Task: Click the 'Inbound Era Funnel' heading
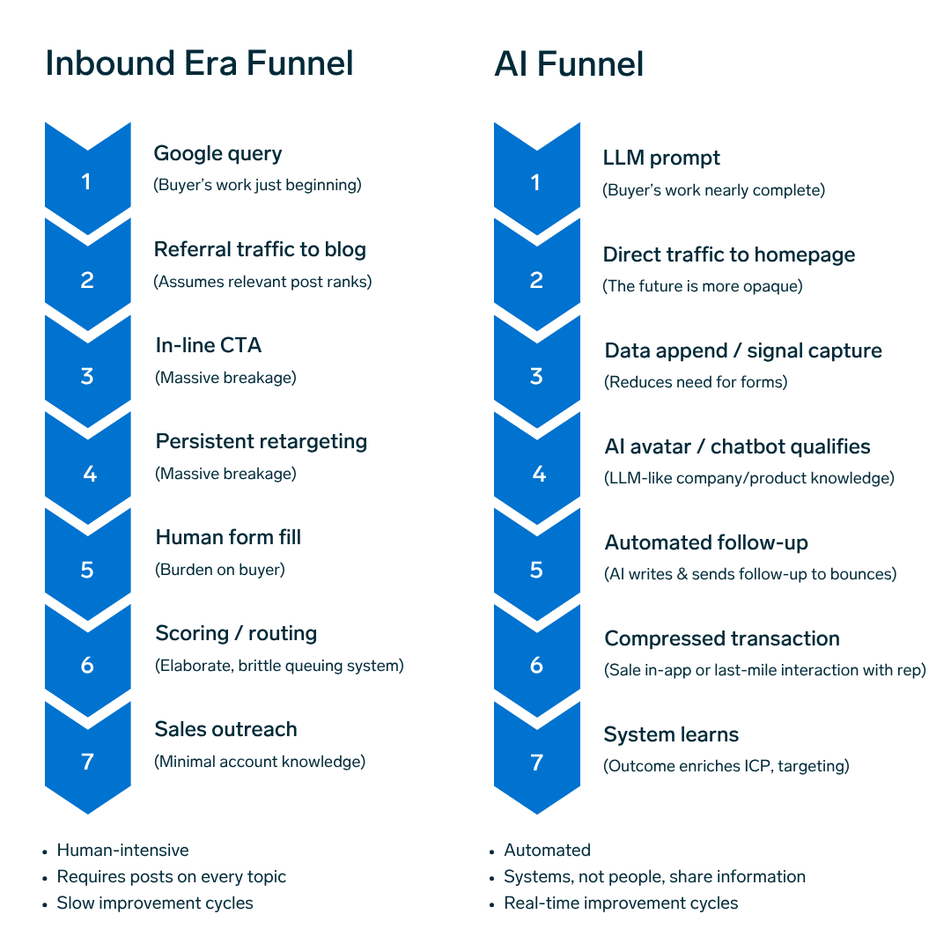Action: [199, 64]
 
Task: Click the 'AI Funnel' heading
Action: [569, 64]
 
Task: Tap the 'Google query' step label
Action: [217, 154]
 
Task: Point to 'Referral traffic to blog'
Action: [260, 250]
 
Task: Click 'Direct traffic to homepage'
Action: [729, 255]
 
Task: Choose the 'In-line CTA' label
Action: [209, 346]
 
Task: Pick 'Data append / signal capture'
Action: [743, 351]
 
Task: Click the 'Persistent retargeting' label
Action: [262, 442]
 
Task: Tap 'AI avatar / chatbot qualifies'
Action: [737, 447]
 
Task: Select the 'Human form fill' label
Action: [228, 538]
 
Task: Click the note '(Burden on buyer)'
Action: [220, 570]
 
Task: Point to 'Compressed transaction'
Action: [722, 639]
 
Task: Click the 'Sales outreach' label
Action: [225, 730]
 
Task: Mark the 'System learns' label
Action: [671, 735]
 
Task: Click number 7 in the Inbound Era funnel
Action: [87, 762]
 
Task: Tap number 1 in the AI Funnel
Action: [535, 183]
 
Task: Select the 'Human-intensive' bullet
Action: [122, 851]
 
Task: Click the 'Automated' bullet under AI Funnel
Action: [547, 851]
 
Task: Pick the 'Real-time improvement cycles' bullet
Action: [621, 903]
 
